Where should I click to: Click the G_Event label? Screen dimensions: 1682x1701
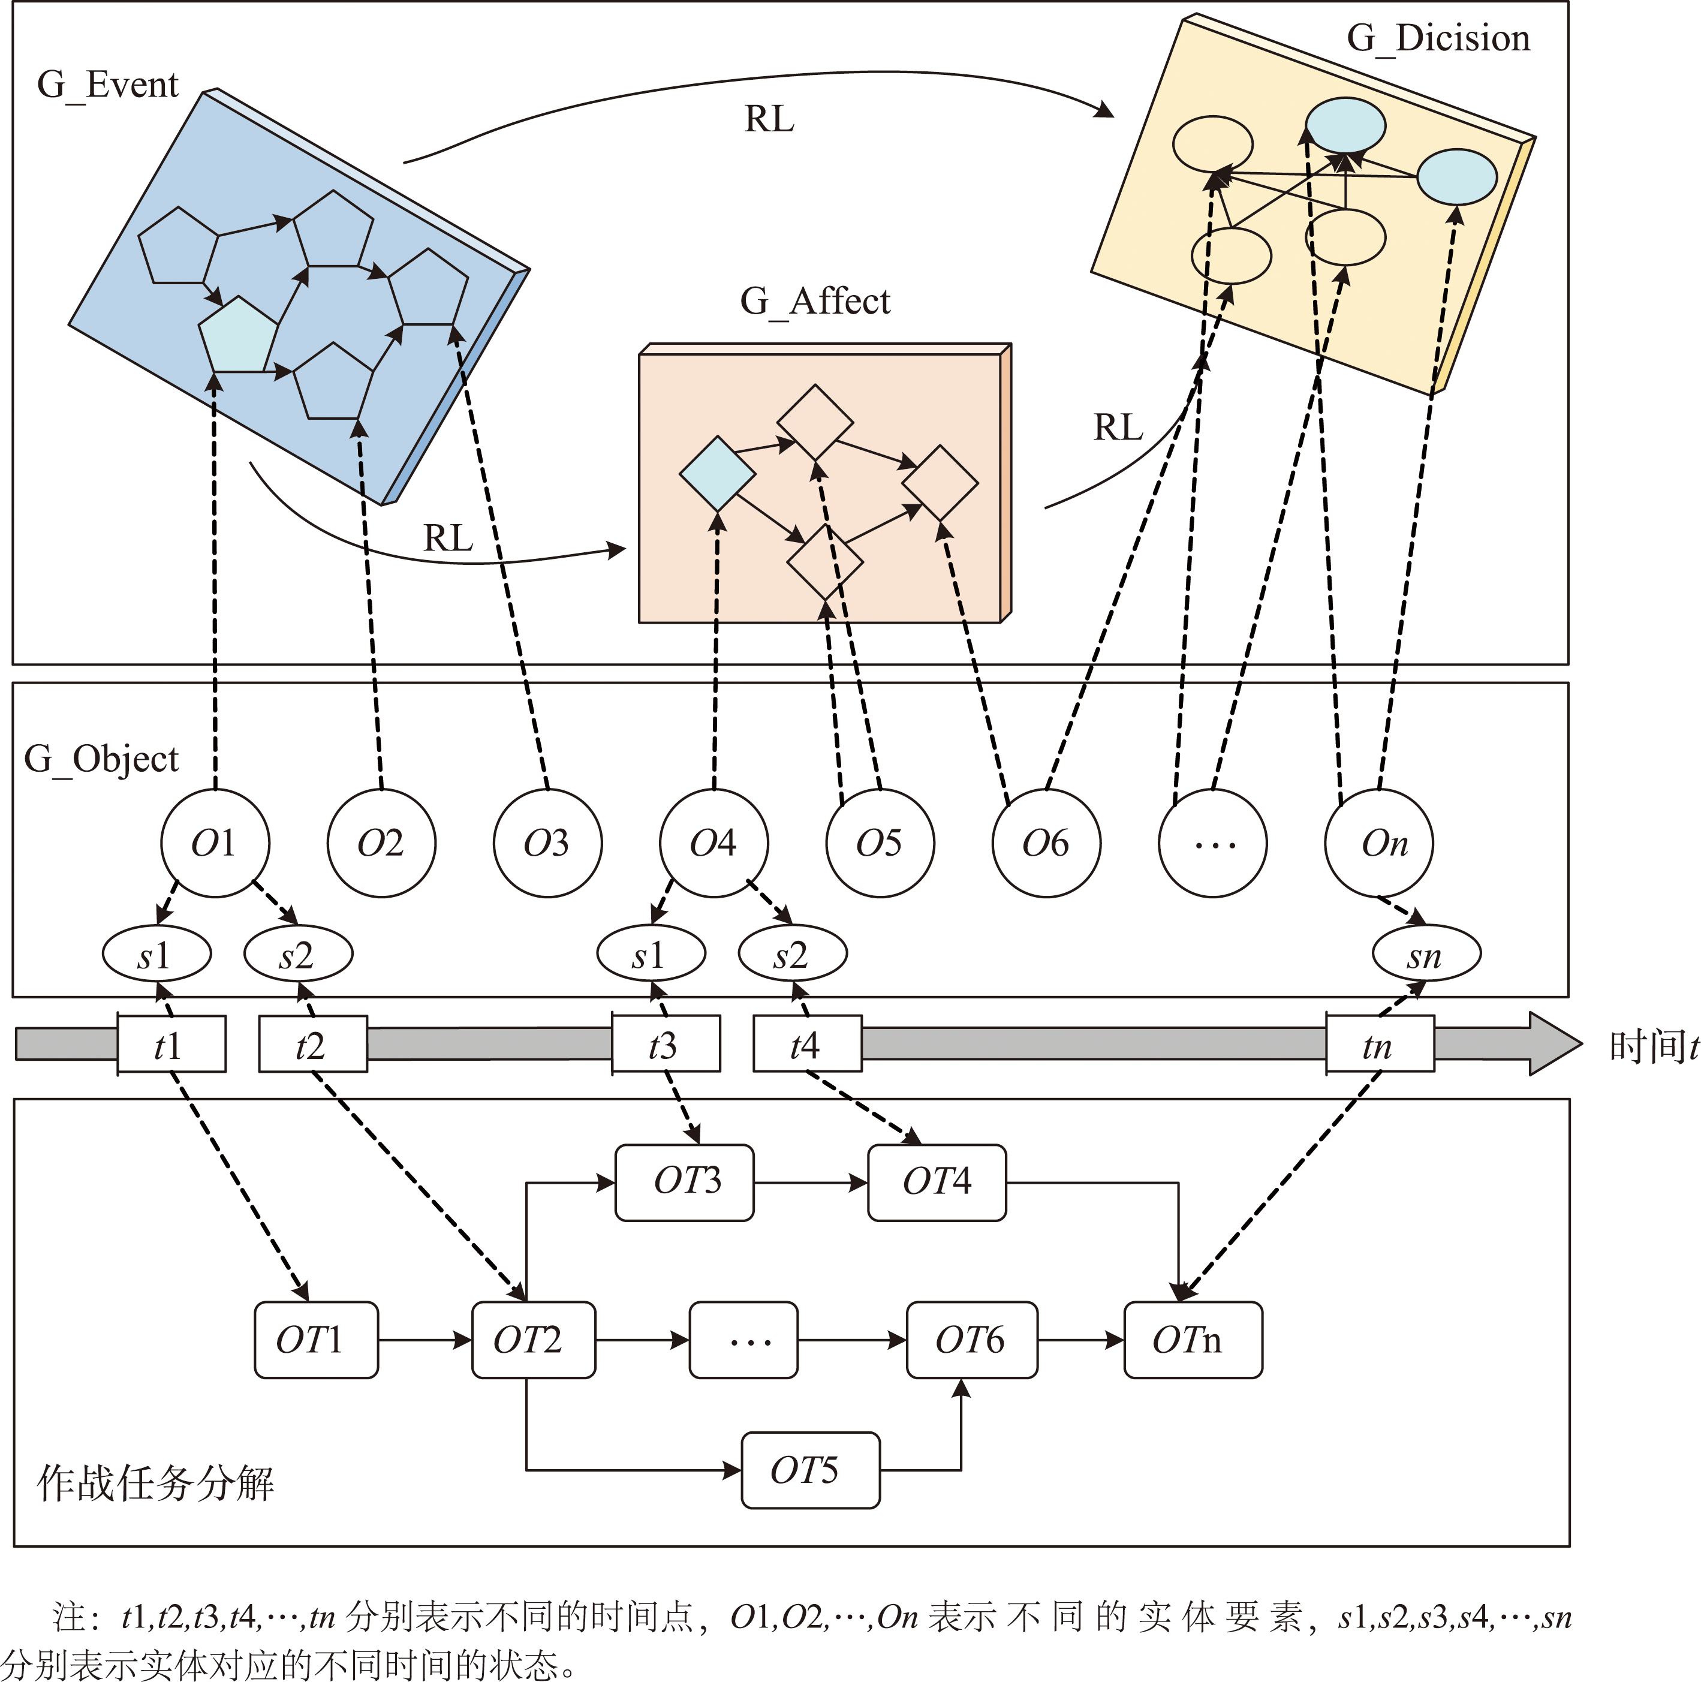[107, 85]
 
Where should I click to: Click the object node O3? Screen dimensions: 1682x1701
[547, 842]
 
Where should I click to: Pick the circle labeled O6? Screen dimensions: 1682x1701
[1046, 842]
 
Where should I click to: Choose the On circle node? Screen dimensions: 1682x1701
[1379, 842]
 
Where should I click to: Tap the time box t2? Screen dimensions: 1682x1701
[312, 1045]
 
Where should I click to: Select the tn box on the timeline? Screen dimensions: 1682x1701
[1380, 1045]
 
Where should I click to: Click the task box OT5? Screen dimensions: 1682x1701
[810, 1470]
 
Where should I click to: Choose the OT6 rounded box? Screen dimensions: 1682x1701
[971, 1340]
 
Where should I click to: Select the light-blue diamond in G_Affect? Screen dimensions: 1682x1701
[716, 474]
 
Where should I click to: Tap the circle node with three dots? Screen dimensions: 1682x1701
[1212, 842]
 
